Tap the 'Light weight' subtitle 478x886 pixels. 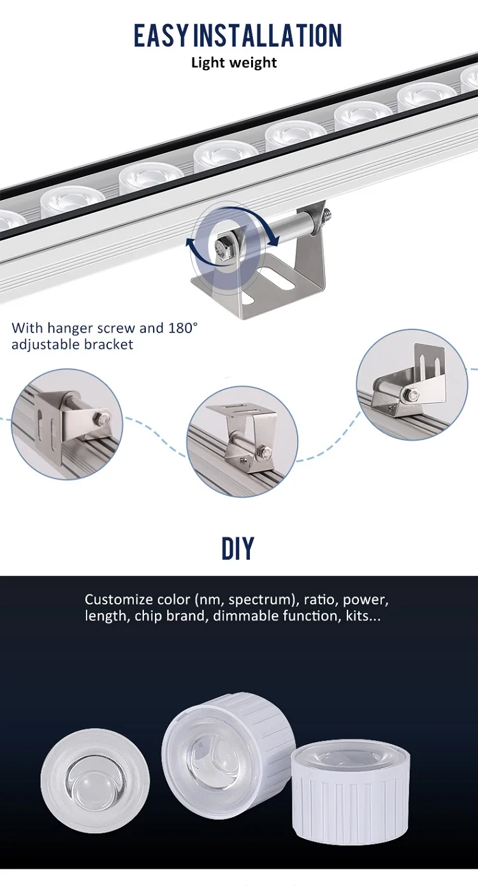point(234,62)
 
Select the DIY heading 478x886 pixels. point(238,548)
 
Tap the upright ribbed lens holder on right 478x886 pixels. point(351,792)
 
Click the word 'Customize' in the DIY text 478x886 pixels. point(119,599)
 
